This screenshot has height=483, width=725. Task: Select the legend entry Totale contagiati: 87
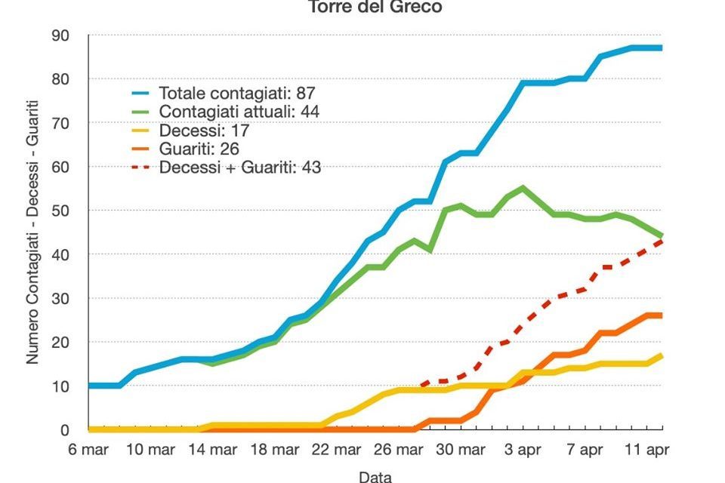[236, 94]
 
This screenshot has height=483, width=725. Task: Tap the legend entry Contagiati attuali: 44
[239, 112]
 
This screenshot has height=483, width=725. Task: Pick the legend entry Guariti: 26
[199, 149]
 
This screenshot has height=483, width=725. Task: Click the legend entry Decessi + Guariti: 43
[239, 167]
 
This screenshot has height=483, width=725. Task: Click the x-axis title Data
[375, 476]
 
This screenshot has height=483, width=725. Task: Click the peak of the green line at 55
[523, 188]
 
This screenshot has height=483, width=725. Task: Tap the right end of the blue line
[662, 48]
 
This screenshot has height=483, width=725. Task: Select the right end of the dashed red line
[662, 241]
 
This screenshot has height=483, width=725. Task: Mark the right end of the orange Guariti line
[662, 315]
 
